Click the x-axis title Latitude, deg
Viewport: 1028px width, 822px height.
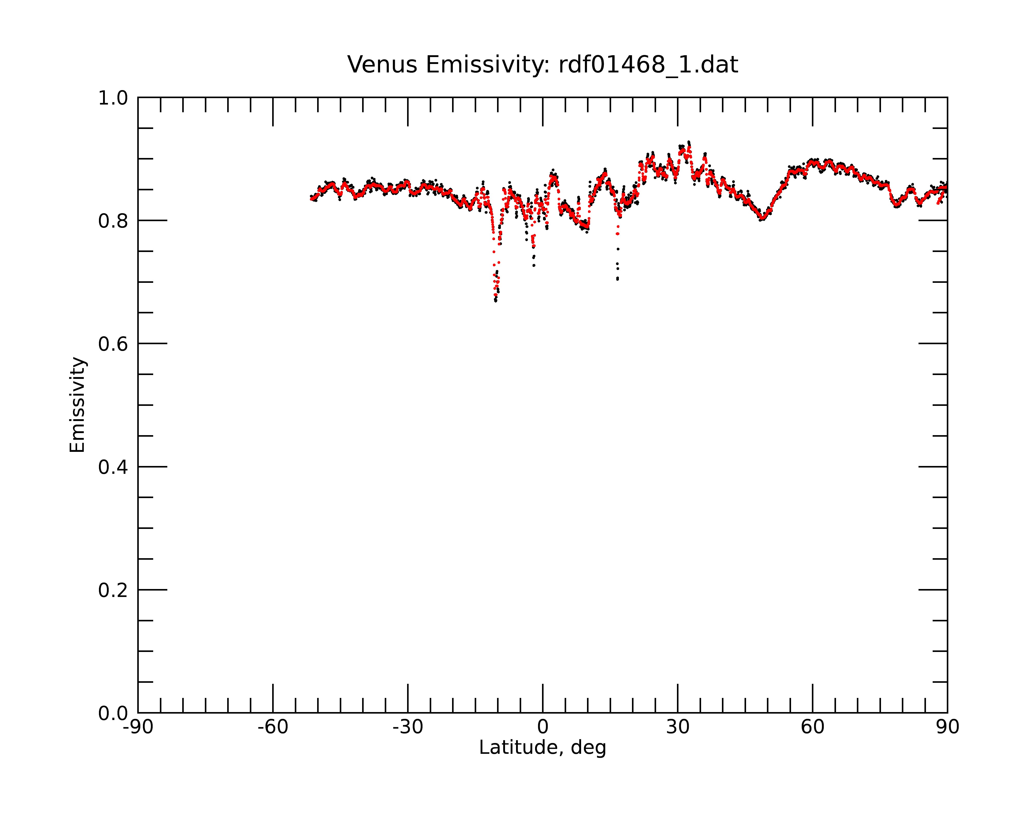pyautogui.click(x=543, y=748)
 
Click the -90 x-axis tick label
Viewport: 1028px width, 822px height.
pyautogui.click(x=138, y=727)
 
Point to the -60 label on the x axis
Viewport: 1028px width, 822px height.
pyautogui.click(x=273, y=727)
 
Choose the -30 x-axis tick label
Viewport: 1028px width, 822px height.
pyautogui.click(x=408, y=727)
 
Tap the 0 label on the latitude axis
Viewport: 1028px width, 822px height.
pyautogui.click(x=543, y=727)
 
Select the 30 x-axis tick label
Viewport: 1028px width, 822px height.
pyautogui.click(x=677, y=727)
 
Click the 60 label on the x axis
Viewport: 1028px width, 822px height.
pyautogui.click(x=812, y=727)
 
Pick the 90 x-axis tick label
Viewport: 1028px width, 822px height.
pyautogui.click(x=947, y=727)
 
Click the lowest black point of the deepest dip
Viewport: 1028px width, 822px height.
pyautogui.click(x=496, y=301)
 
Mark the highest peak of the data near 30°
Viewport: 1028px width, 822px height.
pyautogui.click(x=689, y=142)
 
